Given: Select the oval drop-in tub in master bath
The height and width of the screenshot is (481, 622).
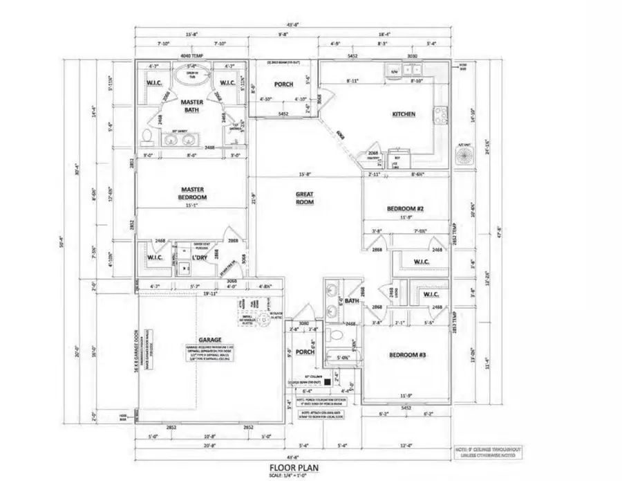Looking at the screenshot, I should coord(190,75).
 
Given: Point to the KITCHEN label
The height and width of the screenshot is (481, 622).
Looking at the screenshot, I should coord(404,114).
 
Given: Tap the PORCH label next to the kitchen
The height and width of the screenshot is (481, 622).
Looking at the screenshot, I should coord(283,84).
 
